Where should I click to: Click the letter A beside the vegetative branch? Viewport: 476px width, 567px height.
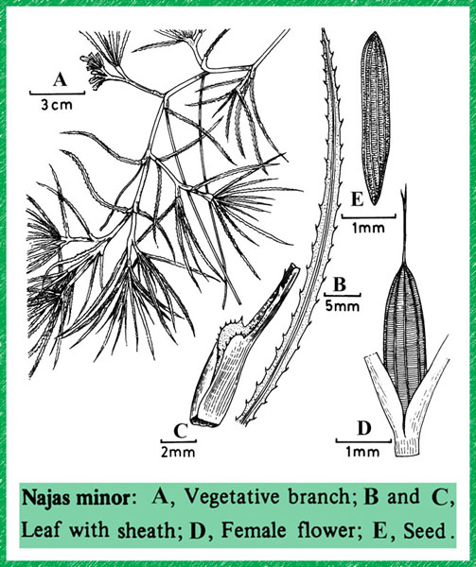[60, 79]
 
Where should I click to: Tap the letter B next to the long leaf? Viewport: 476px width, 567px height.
[340, 284]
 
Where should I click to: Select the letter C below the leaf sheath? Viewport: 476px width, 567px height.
[180, 430]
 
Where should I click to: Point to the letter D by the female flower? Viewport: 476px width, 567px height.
[364, 428]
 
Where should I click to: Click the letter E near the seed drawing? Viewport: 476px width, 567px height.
[357, 199]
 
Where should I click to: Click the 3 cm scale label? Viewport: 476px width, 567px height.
[57, 105]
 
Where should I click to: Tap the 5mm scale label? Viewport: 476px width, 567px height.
[342, 306]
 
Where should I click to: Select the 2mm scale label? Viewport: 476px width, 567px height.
[178, 452]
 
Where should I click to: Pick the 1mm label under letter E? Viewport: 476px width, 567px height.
[368, 228]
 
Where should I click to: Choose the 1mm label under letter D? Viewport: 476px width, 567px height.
[363, 452]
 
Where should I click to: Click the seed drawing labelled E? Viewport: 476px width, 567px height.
[376, 119]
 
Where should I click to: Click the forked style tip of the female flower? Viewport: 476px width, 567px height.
[405, 194]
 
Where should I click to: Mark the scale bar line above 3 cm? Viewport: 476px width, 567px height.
[57, 93]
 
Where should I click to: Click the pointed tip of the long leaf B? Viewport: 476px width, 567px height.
[323, 29]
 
